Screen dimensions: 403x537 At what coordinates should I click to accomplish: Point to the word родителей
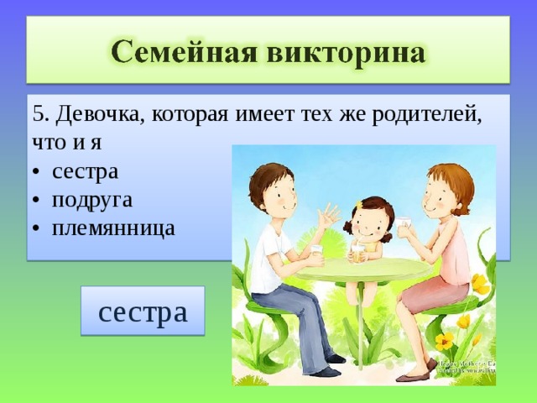coord(427,114)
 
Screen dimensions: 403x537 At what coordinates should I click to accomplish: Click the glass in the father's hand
coord(317,254)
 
